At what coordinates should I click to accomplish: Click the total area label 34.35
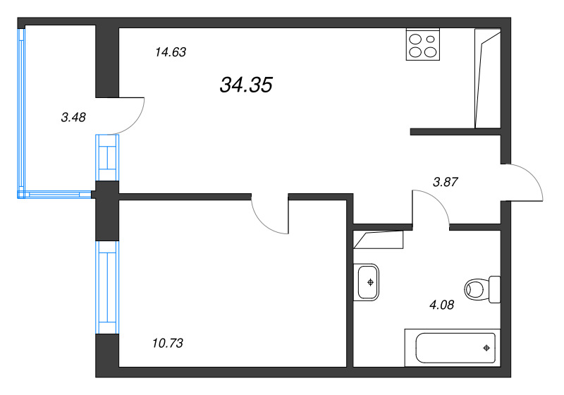click(x=246, y=85)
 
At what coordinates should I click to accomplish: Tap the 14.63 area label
click(x=169, y=51)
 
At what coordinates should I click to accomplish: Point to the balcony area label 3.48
click(x=73, y=118)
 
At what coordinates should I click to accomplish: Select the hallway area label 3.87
click(x=446, y=181)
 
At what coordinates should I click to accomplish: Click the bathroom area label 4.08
click(x=441, y=305)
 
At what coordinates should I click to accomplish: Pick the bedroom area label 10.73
click(x=167, y=344)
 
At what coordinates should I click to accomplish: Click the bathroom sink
click(x=369, y=281)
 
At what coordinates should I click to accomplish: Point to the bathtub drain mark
click(x=486, y=348)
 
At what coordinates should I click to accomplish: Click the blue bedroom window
click(x=108, y=288)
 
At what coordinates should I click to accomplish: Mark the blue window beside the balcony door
click(x=107, y=157)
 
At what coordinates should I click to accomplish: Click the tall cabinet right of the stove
click(x=488, y=78)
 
